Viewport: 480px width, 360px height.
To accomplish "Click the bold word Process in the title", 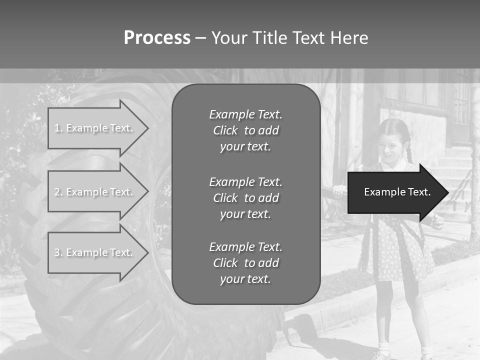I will pyautogui.click(x=157, y=38).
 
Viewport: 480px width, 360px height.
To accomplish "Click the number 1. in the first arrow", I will pyautogui.click(x=58, y=128).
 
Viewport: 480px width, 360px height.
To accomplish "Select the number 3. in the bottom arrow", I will pyautogui.click(x=58, y=252).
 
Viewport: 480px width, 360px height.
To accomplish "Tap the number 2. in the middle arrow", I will pyautogui.click(x=58, y=192).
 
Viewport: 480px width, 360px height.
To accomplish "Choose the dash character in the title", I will pyautogui.click(x=200, y=38).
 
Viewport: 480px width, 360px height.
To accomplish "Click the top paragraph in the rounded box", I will pyautogui.click(x=245, y=130).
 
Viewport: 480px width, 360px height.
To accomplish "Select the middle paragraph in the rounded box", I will pyautogui.click(x=245, y=198).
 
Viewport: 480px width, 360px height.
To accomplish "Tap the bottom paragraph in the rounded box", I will pyautogui.click(x=245, y=263).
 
